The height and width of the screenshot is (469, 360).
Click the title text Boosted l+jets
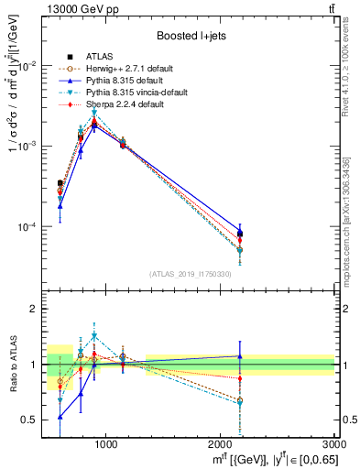[x=191, y=36]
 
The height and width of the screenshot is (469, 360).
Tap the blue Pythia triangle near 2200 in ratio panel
[x=240, y=356]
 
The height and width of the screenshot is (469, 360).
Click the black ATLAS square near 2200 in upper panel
[x=240, y=234]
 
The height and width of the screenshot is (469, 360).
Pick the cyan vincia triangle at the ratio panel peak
[x=93, y=336]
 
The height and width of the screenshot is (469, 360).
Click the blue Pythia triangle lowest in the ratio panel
[x=60, y=417]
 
